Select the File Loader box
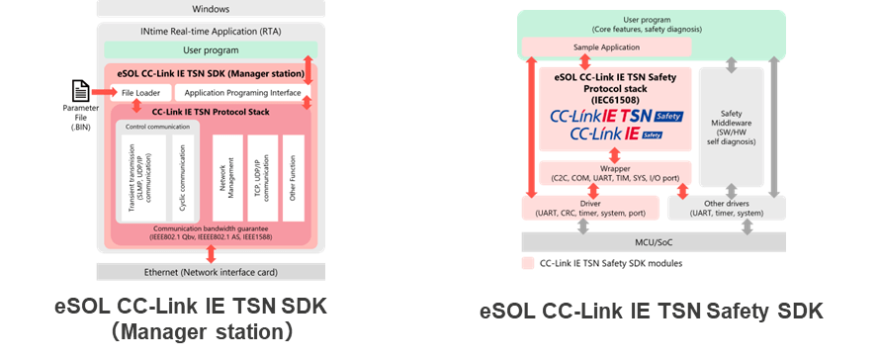[139, 92]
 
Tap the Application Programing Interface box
[241, 92]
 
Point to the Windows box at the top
[210, 9]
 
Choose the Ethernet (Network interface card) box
[210, 272]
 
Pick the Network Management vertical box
[226, 178]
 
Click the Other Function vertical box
[292, 178]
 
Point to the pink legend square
[527, 263]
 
